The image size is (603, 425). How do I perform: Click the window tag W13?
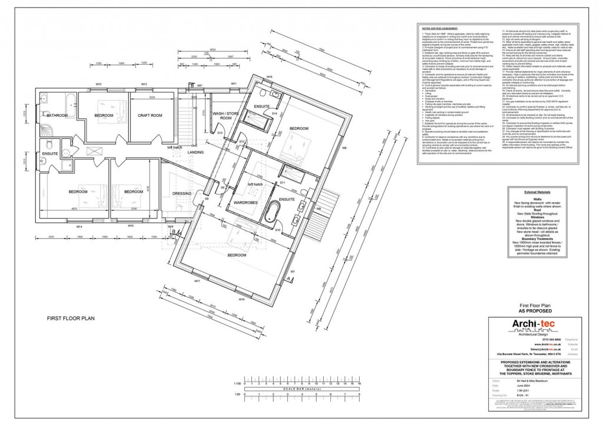[100, 85]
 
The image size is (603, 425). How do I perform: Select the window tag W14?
[78, 226]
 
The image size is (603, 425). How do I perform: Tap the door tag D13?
[219, 133]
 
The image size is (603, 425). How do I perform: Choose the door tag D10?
[277, 230]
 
